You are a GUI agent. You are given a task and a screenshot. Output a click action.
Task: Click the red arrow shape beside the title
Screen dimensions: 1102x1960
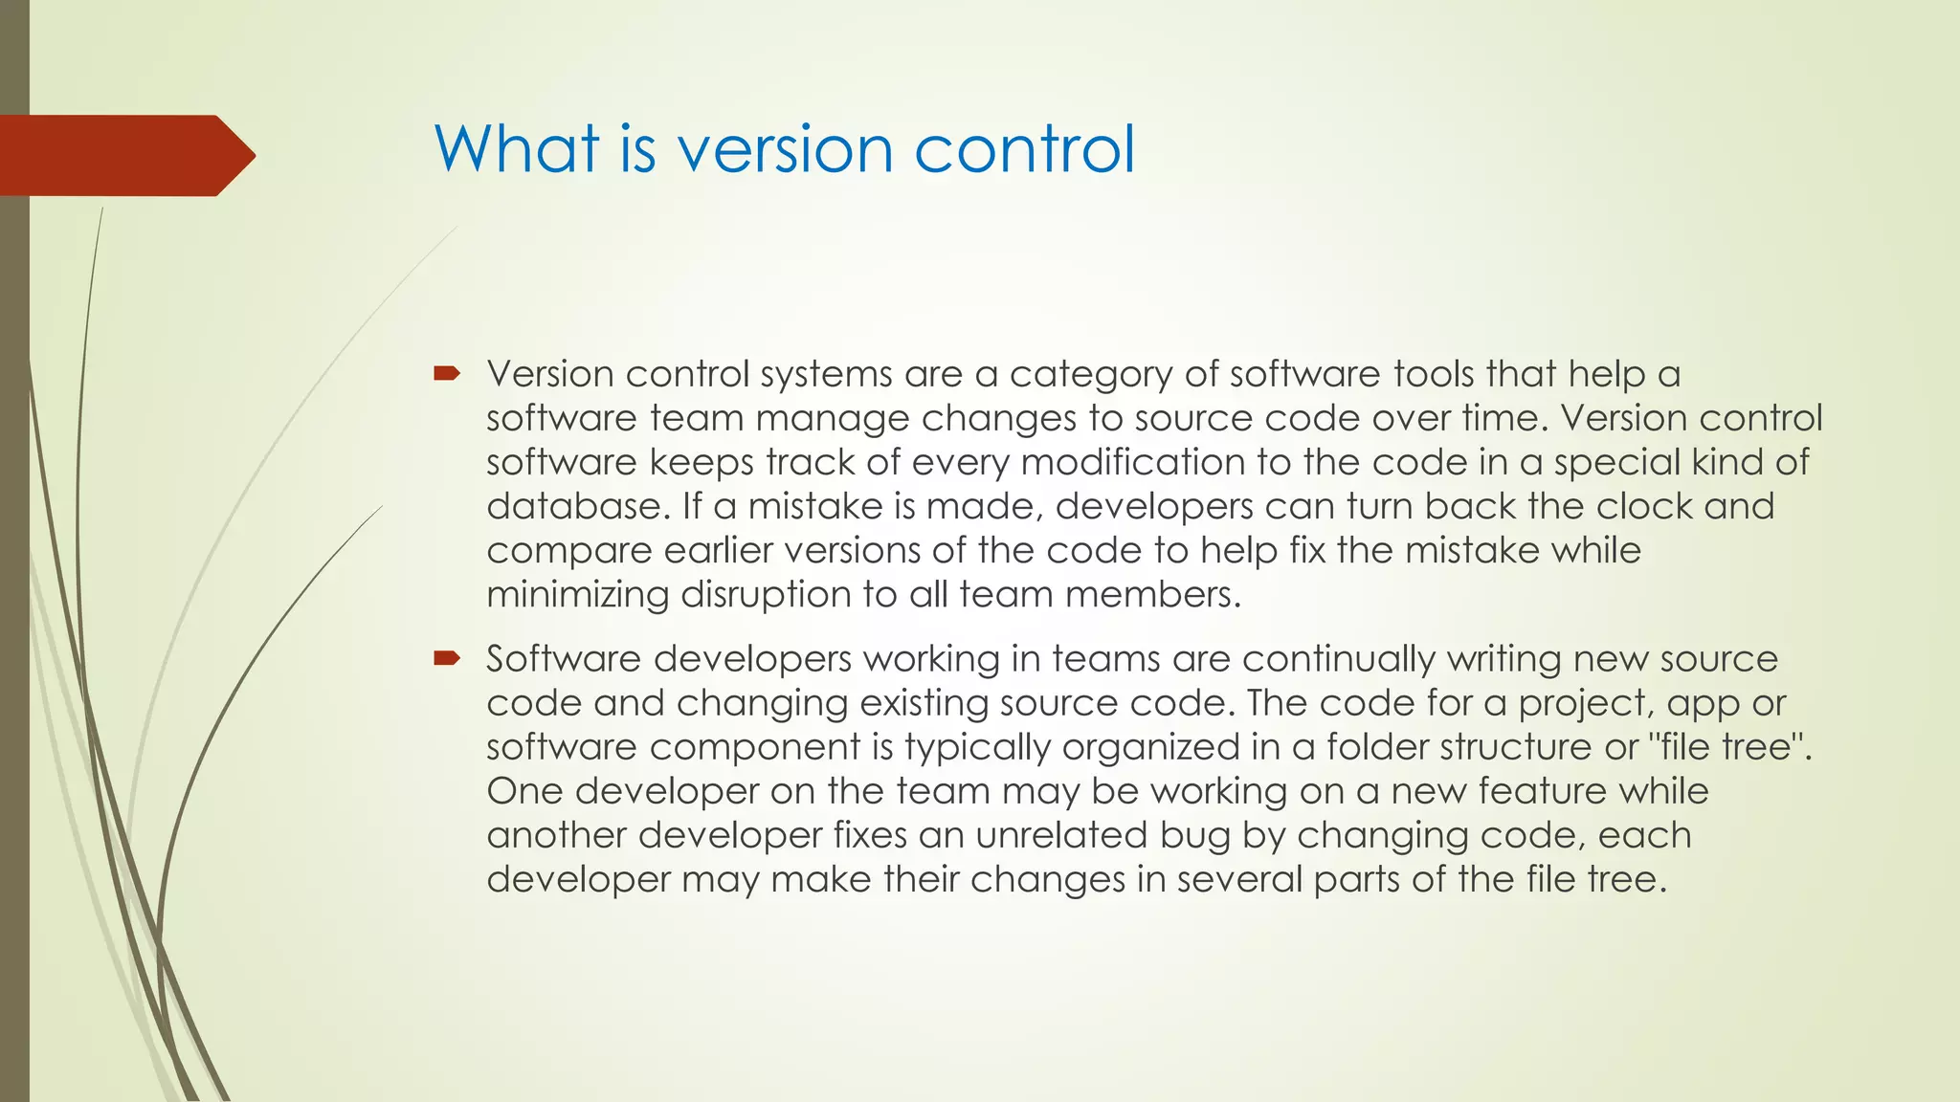[x=124, y=155]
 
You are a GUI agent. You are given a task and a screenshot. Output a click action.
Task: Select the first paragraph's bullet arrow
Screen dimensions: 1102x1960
[x=446, y=373]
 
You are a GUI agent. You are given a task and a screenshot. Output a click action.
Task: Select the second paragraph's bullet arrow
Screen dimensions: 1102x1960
[x=446, y=658]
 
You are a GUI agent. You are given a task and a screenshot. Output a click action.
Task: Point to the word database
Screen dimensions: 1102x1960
[x=573, y=506]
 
